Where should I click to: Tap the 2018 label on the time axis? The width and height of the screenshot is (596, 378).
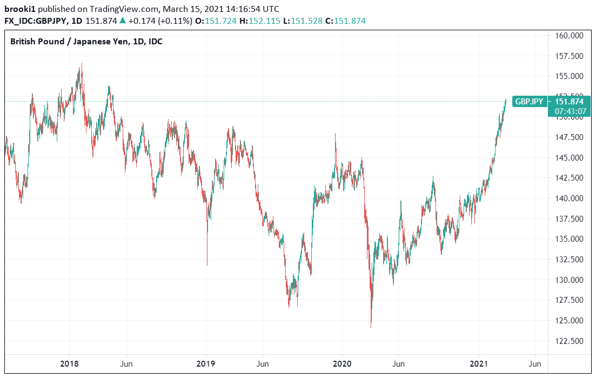70,363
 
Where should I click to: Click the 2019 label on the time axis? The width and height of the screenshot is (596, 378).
206,363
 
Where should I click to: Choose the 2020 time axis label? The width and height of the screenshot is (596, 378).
343,363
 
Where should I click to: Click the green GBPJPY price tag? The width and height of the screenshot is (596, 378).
530,102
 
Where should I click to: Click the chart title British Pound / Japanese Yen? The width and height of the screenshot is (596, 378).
86,42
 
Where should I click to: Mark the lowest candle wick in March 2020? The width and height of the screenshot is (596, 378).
371,326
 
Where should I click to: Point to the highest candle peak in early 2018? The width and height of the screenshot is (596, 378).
81,64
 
